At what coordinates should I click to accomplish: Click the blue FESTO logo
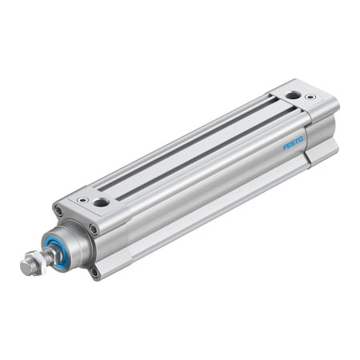pyautogui.click(x=293, y=144)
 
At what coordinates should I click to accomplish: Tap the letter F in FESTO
pyautogui.click(x=285, y=148)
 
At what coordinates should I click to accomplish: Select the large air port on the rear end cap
pyautogui.click(x=293, y=94)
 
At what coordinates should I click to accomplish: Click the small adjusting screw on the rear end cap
pyautogui.click(x=310, y=98)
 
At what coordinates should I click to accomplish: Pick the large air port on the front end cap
pyautogui.click(x=101, y=202)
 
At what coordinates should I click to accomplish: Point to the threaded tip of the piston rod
pyautogui.click(x=25, y=267)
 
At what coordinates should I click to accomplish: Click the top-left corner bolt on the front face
pyautogui.click(x=58, y=211)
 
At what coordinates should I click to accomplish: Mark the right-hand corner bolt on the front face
pyautogui.click(x=94, y=230)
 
